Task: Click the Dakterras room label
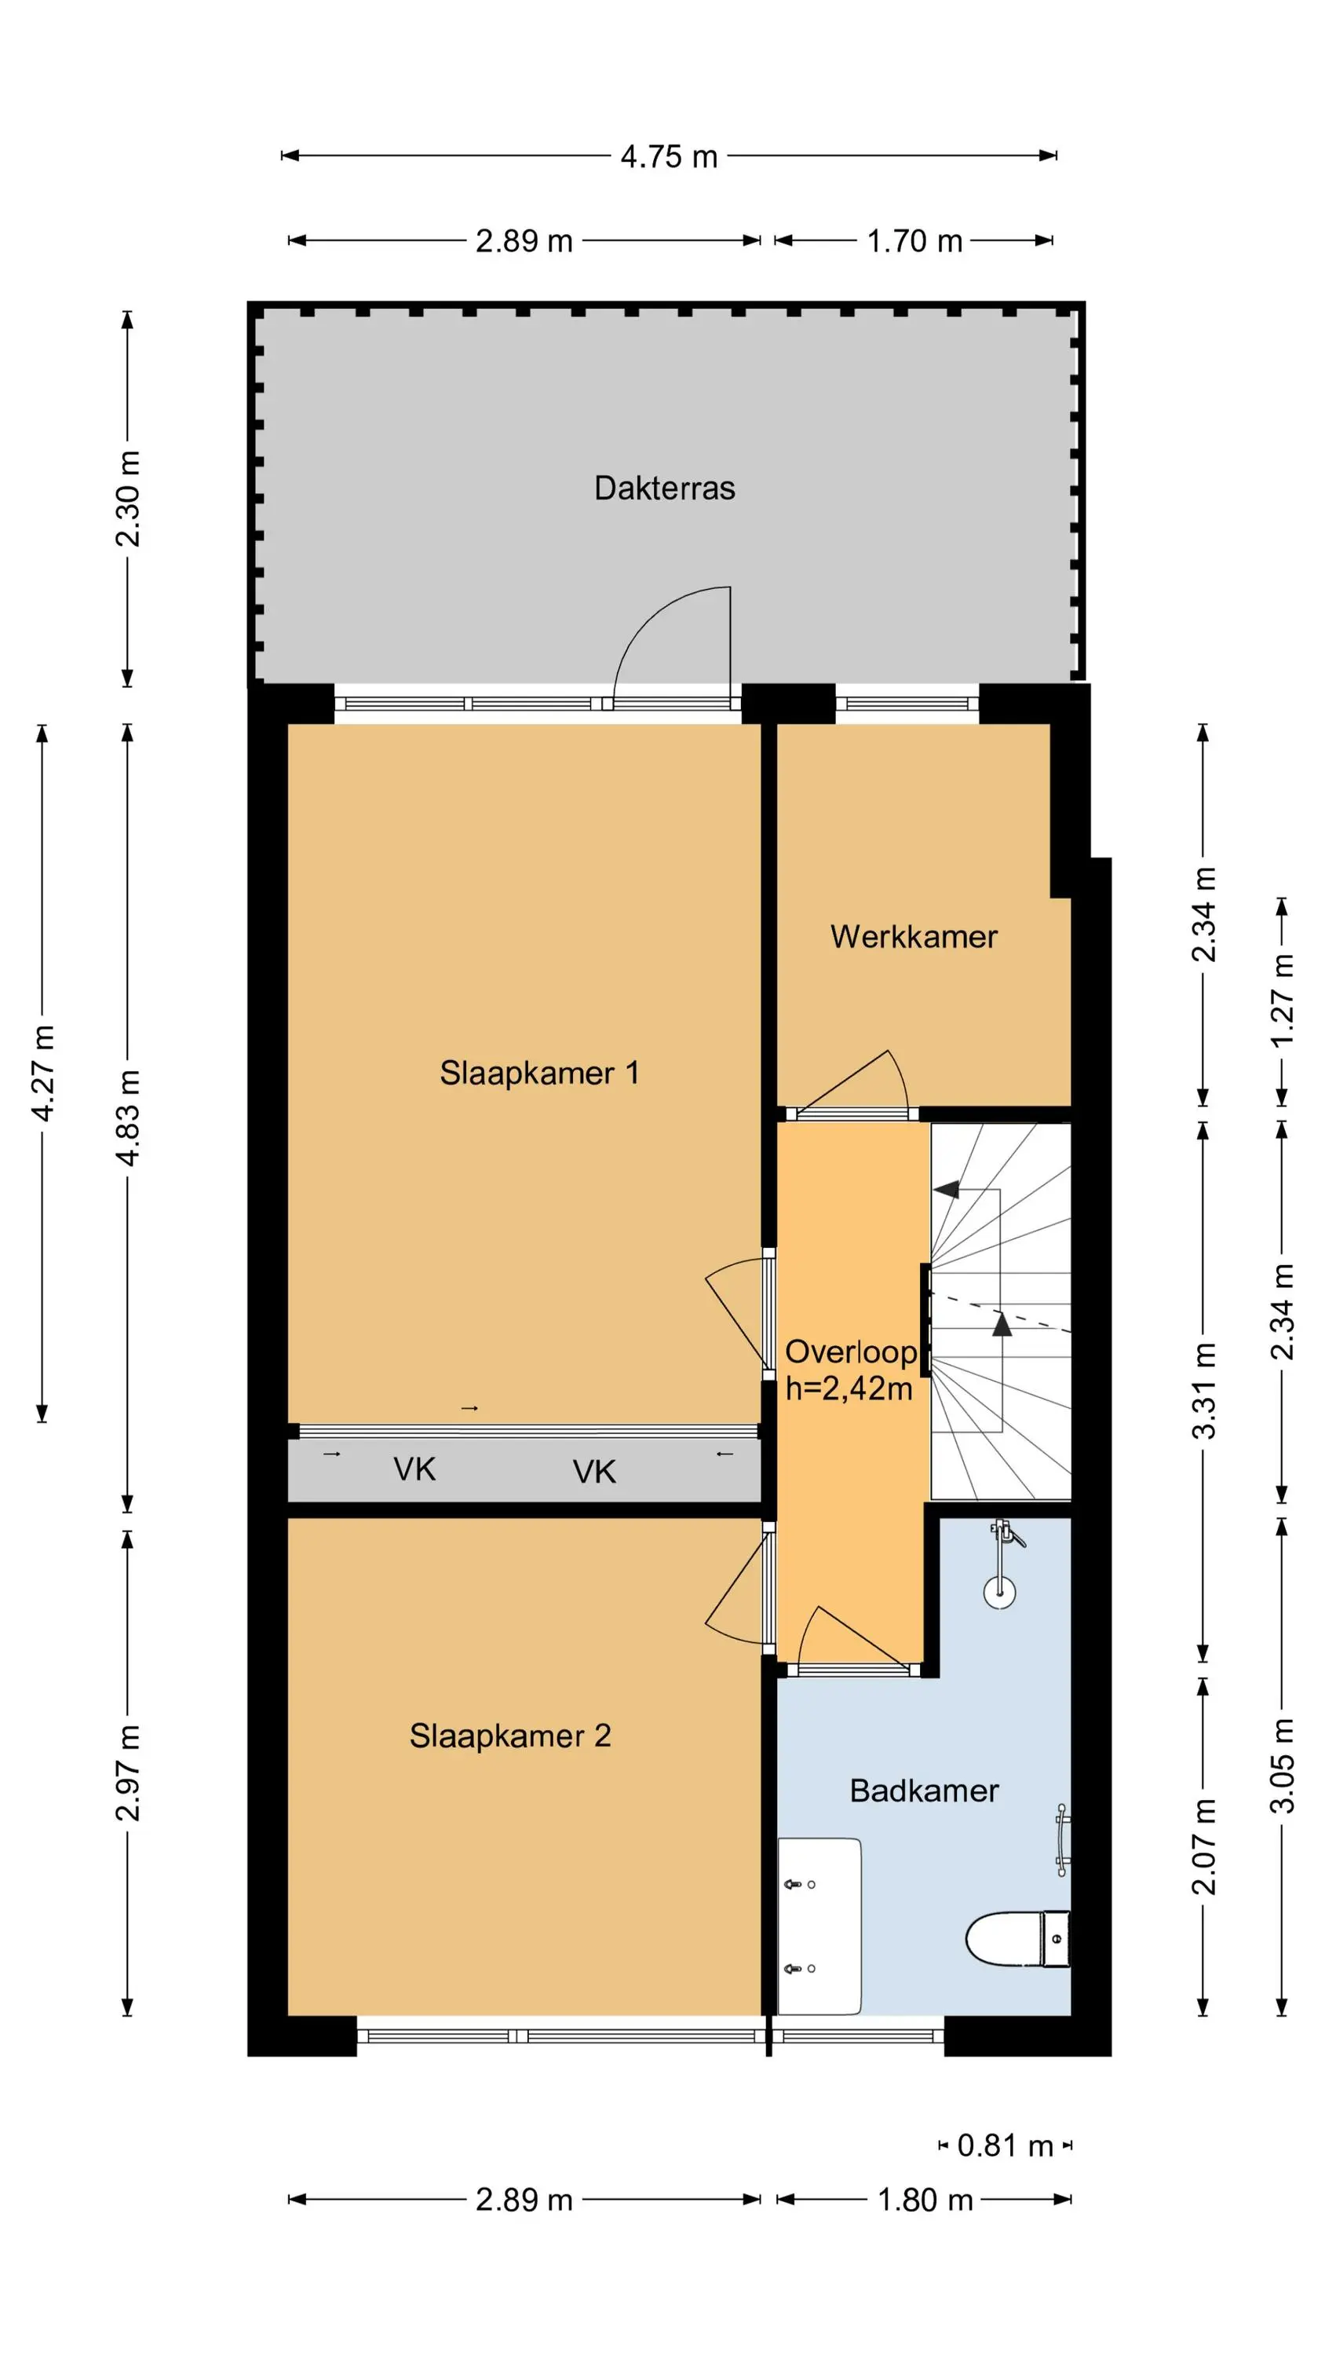(664, 488)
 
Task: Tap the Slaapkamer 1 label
(538, 1072)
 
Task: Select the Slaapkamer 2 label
(509, 1735)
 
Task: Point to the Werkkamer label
(913, 937)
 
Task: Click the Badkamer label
(924, 1790)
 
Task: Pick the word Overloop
(850, 1352)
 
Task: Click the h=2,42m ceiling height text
(849, 1388)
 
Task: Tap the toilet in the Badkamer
(1018, 1938)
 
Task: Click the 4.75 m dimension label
(669, 156)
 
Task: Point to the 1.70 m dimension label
(914, 240)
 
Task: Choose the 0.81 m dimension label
(1005, 2145)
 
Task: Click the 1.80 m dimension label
(925, 2200)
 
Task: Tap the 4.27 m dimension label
(43, 1073)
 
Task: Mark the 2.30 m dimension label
(128, 499)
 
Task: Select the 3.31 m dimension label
(1203, 1390)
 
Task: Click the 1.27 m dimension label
(1282, 1000)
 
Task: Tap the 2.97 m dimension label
(128, 1773)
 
